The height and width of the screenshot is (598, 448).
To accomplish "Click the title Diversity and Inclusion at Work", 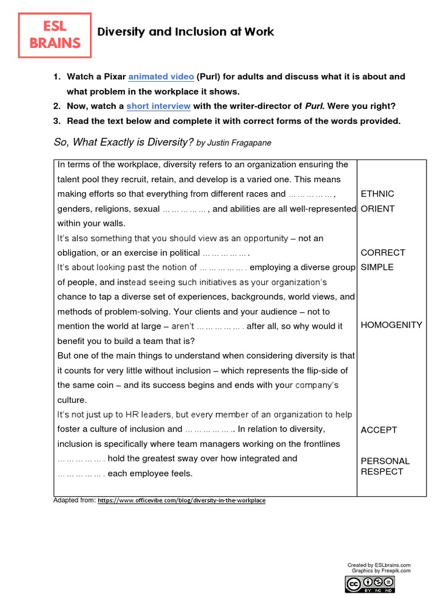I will [x=185, y=32].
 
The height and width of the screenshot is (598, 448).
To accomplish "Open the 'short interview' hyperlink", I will [x=159, y=106].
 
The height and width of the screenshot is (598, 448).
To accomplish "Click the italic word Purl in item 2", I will [x=313, y=106].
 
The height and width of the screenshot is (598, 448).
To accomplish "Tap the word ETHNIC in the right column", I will [x=377, y=194].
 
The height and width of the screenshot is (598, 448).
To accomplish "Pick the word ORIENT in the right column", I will [x=377, y=208].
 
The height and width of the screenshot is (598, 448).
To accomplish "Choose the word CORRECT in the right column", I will [x=383, y=253].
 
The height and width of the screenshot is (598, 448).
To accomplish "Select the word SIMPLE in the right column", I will [x=377, y=267].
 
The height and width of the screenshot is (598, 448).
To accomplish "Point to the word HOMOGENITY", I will [x=391, y=325].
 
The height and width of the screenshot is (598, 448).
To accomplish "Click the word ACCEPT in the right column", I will [x=379, y=430].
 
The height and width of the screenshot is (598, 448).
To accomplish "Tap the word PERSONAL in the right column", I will [x=385, y=461].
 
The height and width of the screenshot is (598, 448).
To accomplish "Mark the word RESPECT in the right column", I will [x=382, y=472].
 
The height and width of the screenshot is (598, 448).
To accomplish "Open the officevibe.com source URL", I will [x=181, y=501].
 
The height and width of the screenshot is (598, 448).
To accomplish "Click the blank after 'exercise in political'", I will [x=226, y=253].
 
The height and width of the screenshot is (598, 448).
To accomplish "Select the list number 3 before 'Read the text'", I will [x=57, y=121].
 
